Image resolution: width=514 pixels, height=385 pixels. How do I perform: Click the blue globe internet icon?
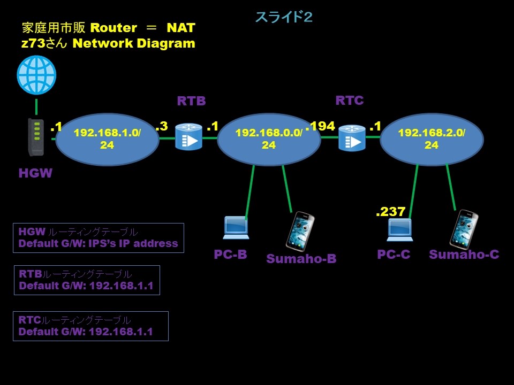36,75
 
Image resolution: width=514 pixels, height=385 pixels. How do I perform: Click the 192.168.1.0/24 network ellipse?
107,138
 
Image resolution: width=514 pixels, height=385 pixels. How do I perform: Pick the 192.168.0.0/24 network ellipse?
269,138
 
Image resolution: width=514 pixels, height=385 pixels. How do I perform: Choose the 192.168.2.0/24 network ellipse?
432,138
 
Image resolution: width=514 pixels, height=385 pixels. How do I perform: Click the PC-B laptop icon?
236,228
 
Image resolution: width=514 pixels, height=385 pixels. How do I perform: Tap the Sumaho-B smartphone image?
300,231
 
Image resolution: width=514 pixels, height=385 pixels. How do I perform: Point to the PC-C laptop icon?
399,229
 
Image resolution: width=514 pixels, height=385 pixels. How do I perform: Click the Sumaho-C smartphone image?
464,229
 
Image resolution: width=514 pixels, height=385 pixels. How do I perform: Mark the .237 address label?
390,212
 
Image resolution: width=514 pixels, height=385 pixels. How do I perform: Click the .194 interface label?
321,126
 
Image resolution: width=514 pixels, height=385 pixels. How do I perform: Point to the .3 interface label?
161,126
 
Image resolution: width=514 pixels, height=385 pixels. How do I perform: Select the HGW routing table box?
98,238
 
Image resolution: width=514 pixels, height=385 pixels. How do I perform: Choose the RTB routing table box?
86,280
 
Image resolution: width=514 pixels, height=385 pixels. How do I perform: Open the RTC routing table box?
90,326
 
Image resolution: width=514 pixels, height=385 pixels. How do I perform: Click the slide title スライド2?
283,17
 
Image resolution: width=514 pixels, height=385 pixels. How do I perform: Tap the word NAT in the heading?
180,27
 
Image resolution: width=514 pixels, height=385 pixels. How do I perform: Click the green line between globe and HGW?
36,107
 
